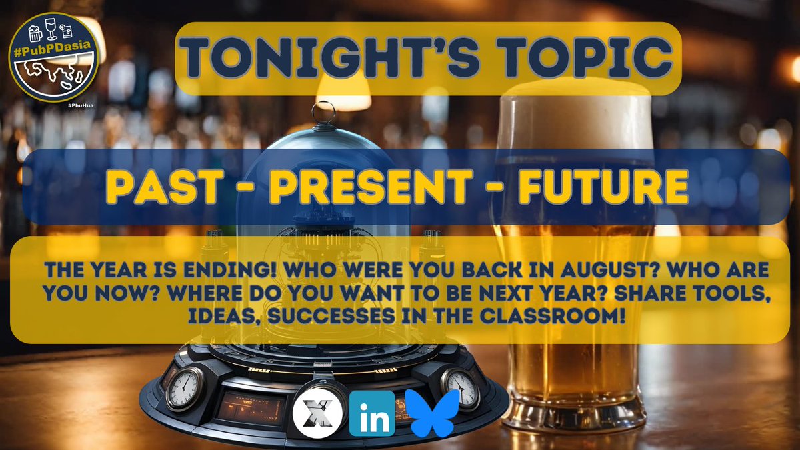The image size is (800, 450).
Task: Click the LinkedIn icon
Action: coord(371,413)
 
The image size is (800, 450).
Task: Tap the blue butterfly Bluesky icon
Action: coord(435,413)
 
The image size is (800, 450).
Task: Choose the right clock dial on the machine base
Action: coord(461,387)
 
